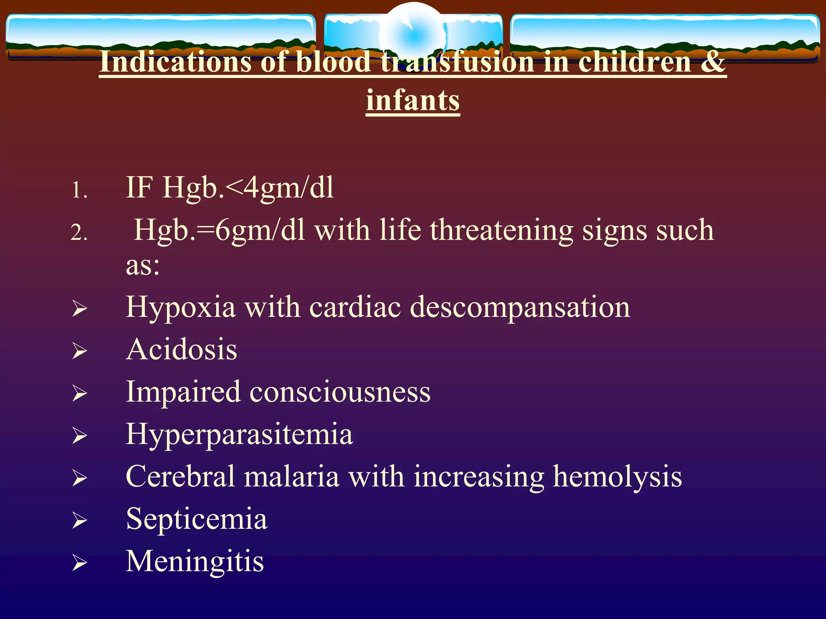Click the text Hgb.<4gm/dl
click(x=248, y=188)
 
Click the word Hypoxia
click(x=180, y=307)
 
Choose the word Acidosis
click(x=181, y=349)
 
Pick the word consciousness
click(x=340, y=392)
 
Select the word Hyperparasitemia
click(x=239, y=434)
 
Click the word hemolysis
click(x=617, y=477)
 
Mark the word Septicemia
click(x=196, y=519)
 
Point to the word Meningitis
click(x=195, y=561)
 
